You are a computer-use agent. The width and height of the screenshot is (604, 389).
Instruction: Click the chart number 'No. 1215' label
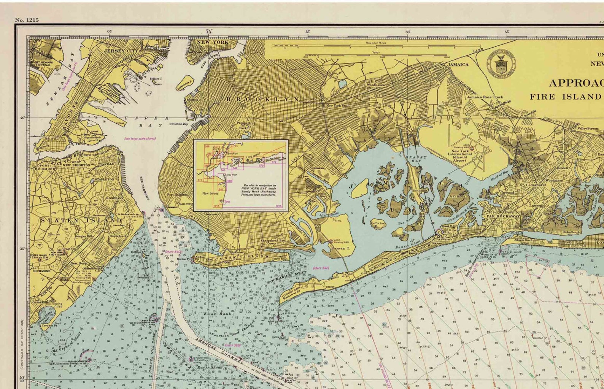point(27,20)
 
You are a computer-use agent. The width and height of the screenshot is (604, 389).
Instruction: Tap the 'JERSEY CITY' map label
point(121,51)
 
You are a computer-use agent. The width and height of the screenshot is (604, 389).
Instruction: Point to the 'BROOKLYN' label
point(263,99)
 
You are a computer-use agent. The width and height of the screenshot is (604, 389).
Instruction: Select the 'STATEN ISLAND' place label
point(81,220)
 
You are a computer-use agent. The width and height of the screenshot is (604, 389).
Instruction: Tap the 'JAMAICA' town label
point(458,65)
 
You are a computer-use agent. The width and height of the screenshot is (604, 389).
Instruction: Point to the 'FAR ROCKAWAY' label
point(503,216)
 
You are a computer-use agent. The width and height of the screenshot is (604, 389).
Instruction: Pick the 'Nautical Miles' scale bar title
point(376,43)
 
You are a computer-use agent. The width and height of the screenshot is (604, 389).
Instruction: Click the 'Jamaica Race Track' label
point(485,97)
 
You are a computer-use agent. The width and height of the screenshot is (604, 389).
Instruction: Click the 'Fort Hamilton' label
point(177,195)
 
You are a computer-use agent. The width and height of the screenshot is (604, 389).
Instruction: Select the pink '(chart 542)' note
point(321,268)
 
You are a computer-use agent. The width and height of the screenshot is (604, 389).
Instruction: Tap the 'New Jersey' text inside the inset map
point(210,193)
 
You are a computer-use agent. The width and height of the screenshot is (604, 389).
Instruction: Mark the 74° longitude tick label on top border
point(209,32)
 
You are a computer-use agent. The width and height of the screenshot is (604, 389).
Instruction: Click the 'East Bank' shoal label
point(212,314)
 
